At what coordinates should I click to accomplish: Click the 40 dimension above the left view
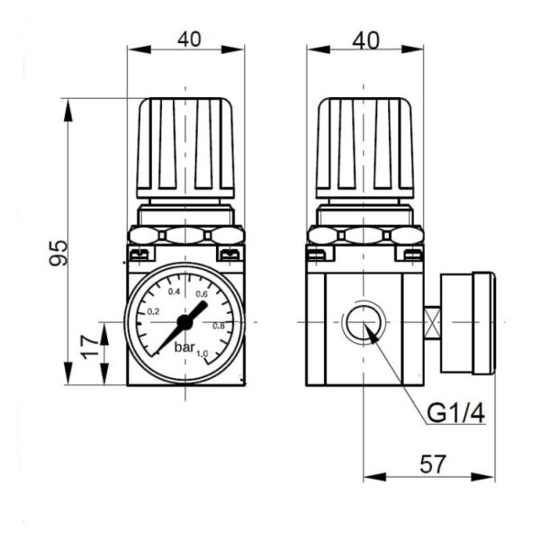click(187, 39)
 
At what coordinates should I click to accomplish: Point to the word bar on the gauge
click(184, 346)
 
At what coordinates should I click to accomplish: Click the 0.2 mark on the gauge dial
click(153, 311)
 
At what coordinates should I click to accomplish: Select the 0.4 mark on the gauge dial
click(175, 292)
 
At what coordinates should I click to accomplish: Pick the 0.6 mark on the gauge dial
click(202, 294)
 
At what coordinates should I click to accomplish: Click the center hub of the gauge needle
click(184, 320)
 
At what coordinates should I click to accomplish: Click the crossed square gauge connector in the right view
click(432, 322)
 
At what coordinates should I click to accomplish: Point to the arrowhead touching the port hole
click(370, 331)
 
